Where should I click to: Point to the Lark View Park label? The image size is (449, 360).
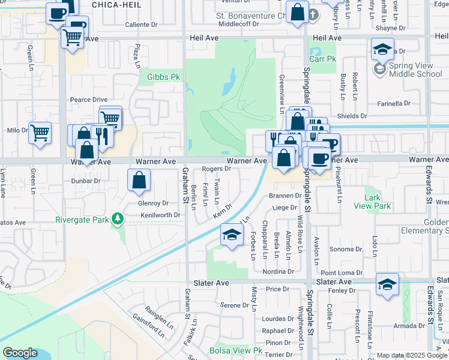[378, 202]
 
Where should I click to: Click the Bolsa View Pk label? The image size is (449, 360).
[237, 350]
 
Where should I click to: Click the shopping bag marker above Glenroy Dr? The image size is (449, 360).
[139, 181]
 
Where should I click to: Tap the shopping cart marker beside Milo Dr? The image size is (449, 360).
[40, 133]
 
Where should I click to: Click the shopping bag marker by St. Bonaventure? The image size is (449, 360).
[297, 13]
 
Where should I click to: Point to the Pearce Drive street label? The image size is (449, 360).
[88, 100]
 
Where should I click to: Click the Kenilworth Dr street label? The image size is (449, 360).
[160, 215]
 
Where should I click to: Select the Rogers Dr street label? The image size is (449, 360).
[217, 169]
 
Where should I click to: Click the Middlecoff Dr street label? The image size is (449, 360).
[238, 25]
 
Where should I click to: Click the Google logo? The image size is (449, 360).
[20, 353]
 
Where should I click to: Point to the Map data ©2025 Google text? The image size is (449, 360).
[411, 355]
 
